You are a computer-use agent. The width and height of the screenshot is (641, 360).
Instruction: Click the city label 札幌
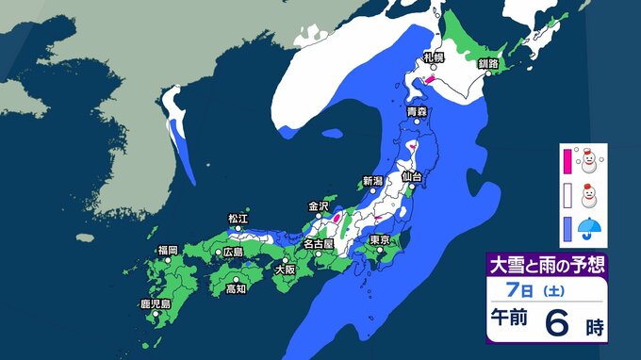coord(433,58)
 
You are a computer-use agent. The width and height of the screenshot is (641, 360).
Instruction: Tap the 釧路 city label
coord(487,63)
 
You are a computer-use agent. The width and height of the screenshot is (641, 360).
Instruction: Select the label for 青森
coord(417,113)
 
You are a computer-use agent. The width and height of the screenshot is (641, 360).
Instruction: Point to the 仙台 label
coord(410,176)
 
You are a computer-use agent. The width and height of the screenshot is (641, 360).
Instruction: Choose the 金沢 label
coord(320,205)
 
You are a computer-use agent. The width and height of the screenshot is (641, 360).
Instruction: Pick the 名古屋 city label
coord(317,243)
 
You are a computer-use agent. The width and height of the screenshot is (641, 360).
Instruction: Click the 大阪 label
coord(284,269)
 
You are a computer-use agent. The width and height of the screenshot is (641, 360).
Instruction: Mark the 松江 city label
coord(238,219)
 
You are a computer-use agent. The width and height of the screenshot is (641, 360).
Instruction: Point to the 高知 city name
coord(236,288)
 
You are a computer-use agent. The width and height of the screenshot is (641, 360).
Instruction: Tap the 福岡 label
coord(168,250)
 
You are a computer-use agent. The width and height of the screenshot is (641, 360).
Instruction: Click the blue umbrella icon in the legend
coord(594,229)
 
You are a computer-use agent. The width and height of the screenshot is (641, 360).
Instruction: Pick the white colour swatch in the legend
coord(567,196)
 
